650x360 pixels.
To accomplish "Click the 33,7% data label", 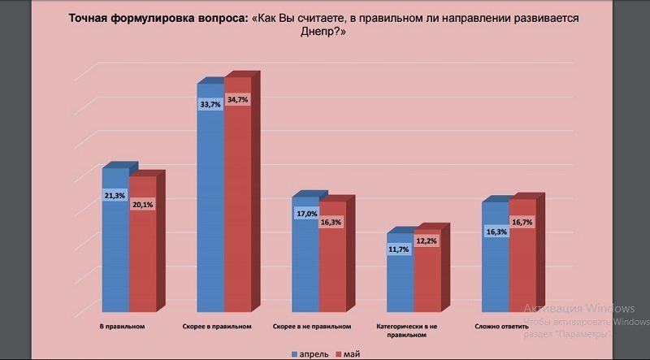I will click(210, 105).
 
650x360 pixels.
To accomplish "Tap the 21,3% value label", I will click(115, 196).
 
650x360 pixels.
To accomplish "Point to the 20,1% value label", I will click(141, 205).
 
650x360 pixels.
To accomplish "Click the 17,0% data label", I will click(305, 214).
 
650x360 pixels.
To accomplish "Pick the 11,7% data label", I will click(399, 249).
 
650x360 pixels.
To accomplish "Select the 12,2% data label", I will click(427, 241).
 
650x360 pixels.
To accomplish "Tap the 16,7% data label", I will click(522, 222).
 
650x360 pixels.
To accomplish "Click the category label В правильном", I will click(122, 327).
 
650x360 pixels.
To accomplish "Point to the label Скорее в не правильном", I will click(313, 327).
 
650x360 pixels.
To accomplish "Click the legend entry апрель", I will click(311, 354).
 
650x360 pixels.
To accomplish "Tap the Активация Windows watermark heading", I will click(578, 309).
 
